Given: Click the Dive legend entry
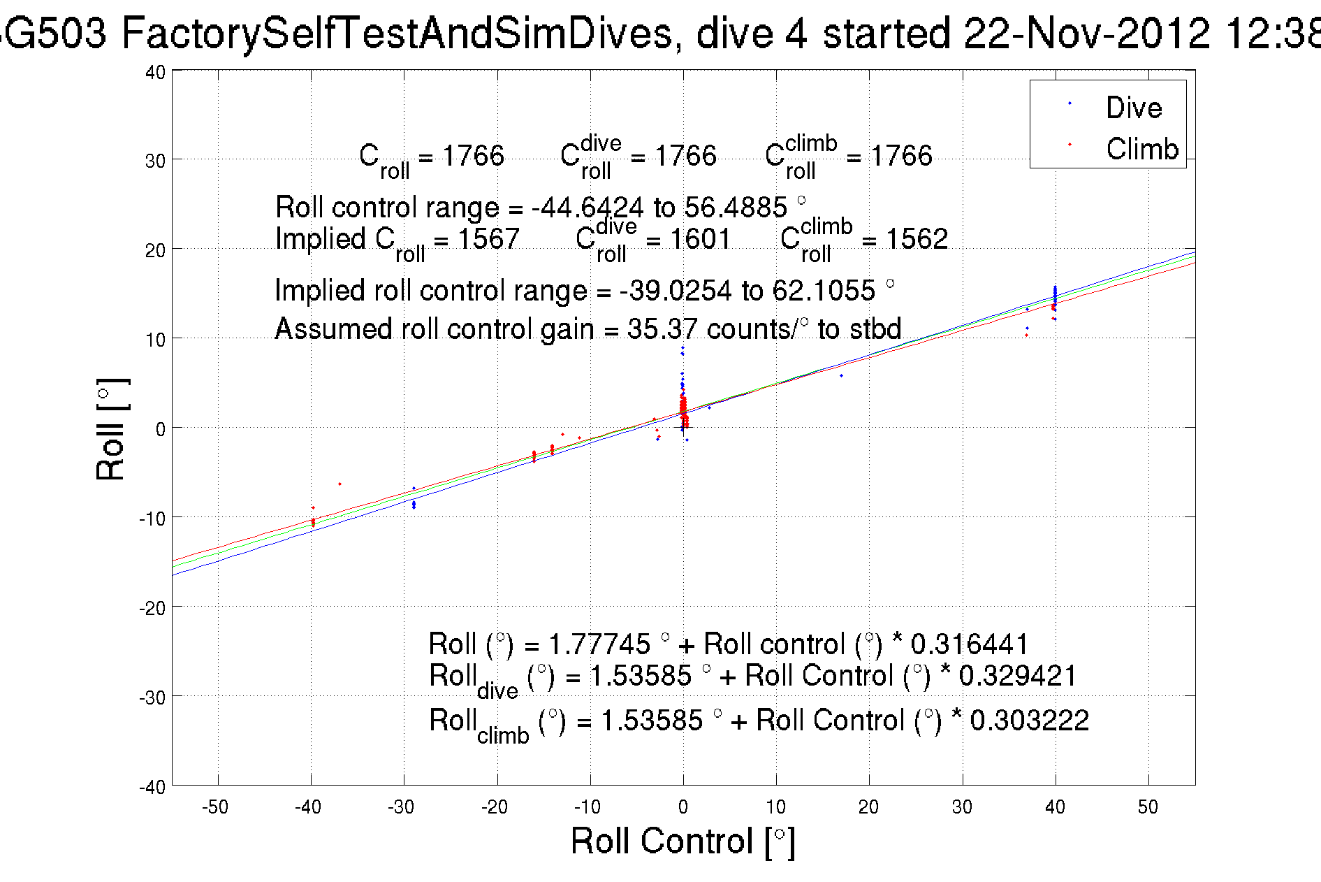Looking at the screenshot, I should click(1133, 108).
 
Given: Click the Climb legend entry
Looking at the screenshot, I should click(1141, 149).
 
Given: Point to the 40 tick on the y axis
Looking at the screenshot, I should click(155, 72).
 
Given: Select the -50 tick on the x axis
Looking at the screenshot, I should click(215, 807).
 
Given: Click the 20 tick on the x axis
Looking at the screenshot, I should click(868, 807).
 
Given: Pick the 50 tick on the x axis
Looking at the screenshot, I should click(1148, 807).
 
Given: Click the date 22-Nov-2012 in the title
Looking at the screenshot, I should click(1086, 33).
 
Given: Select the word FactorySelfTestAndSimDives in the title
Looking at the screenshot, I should click(397, 33).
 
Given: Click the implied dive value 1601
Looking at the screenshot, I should click(699, 239).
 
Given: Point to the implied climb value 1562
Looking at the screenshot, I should click(917, 239).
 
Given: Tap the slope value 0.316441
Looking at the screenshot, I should click(970, 644).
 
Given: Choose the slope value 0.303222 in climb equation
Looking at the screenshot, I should click(1029, 720).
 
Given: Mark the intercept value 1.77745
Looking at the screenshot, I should click(599, 644).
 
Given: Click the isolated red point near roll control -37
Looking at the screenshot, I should click(340, 484).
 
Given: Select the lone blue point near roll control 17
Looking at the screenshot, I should click(841, 376).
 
